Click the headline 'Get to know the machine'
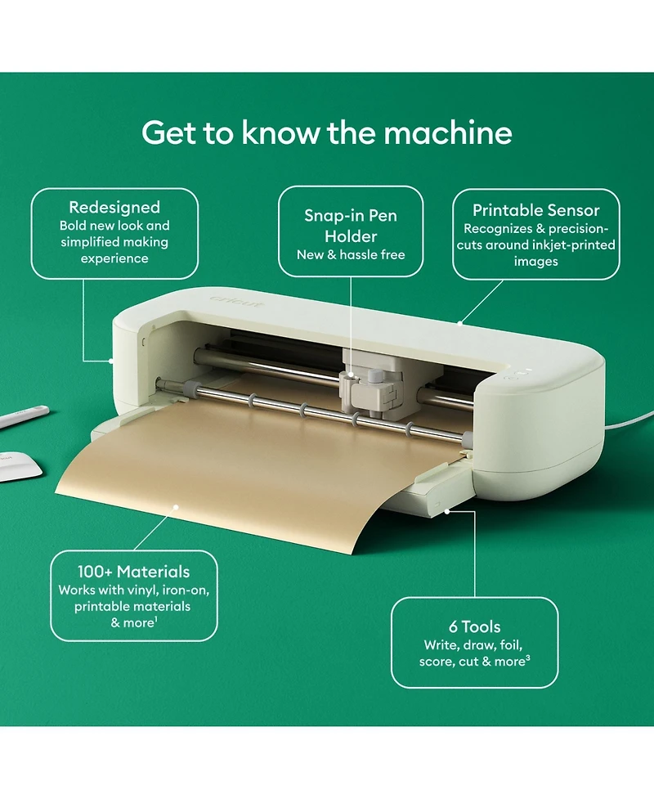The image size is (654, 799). tap(327, 132)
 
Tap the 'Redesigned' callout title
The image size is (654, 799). tap(114, 208)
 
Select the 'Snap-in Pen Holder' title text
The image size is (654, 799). tap(351, 226)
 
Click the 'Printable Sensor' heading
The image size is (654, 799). tap(536, 210)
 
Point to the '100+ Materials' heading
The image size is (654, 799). tap(134, 572)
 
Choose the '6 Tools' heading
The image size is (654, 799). tap(474, 627)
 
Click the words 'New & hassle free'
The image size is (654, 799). tap(351, 254)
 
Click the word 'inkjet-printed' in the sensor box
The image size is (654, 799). tap(576, 245)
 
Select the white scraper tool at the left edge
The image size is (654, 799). tap(20, 465)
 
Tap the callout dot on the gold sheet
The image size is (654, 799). tap(177, 507)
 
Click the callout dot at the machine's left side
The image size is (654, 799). tap(110, 360)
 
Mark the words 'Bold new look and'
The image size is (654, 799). tap(114, 226)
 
